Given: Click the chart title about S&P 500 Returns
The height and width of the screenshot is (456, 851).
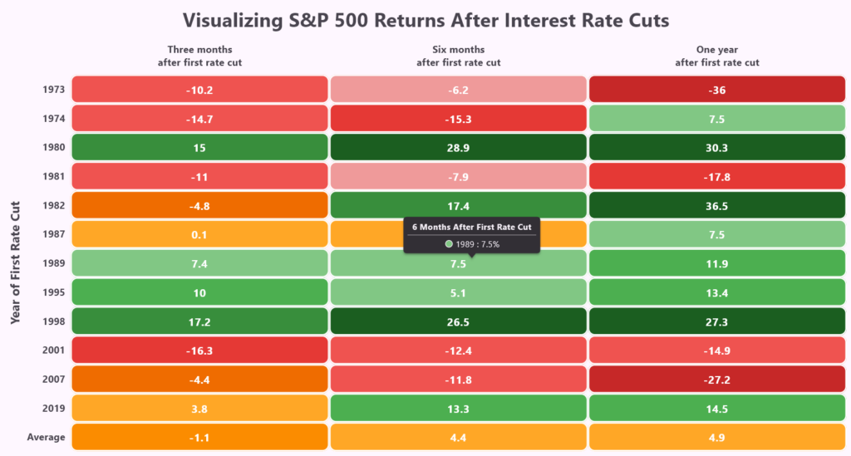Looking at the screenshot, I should pyautogui.click(x=425, y=20).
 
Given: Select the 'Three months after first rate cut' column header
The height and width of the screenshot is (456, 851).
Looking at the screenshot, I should pyautogui.click(x=199, y=56).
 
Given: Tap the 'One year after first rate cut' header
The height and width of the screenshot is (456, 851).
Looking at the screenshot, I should pyautogui.click(x=716, y=56).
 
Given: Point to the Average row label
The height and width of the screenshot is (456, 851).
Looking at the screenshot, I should pyautogui.click(x=47, y=437).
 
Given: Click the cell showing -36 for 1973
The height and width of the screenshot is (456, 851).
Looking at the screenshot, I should pyautogui.click(x=716, y=90).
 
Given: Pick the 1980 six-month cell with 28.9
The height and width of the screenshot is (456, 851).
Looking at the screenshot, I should pyautogui.click(x=458, y=147).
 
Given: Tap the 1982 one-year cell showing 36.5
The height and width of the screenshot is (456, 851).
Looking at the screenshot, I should pyautogui.click(x=716, y=205).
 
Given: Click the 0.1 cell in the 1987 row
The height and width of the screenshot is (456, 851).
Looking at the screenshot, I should pyautogui.click(x=199, y=234).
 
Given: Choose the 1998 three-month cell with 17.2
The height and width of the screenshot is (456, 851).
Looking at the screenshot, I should pyautogui.click(x=199, y=321).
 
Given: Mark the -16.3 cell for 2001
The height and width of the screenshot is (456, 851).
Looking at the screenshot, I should pyautogui.click(x=199, y=350).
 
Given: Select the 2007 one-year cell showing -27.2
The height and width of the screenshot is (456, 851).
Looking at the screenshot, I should pyautogui.click(x=716, y=379).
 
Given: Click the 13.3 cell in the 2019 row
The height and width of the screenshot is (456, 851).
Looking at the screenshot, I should pyautogui.click(x=458, y=408).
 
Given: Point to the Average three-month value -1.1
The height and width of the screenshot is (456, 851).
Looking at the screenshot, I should pyautogui.click(x=199, y=437).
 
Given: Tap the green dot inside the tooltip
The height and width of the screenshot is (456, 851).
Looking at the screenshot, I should pyautogui.click(x=449, y=243).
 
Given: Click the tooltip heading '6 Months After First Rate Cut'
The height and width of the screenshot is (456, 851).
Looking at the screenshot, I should pyautogui.click(x=471, y=226).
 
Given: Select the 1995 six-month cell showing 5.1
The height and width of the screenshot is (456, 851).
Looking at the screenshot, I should pyautogui.click(x=458, y=292).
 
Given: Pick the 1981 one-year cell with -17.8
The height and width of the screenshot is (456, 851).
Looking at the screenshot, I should pyautogui.click(x=716, y=176).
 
